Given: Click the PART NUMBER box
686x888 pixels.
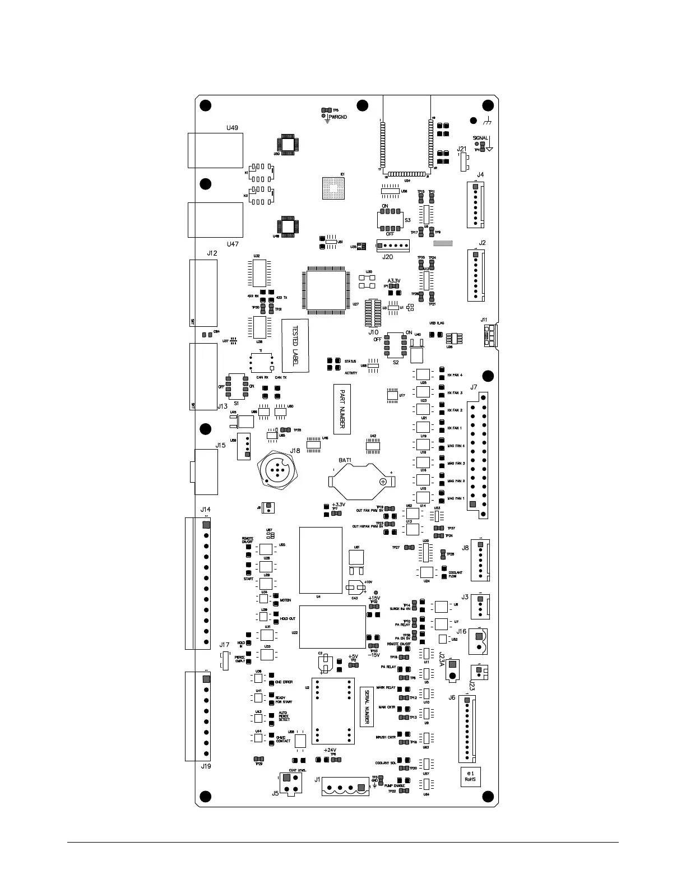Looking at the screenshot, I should point(342,409).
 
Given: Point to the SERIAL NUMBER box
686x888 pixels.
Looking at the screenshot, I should point(367,706).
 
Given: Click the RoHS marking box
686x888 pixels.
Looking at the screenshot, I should point(470,776).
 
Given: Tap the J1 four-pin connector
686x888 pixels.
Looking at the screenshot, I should point(346,788).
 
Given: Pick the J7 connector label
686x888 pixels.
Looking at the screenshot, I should point(474,387).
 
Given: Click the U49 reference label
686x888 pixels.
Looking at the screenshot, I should point(231,128).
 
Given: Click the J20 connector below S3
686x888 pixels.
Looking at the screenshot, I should point(392,246).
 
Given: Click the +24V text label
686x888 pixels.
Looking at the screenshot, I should point(330,750).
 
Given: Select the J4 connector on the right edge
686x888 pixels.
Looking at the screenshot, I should point(475,205).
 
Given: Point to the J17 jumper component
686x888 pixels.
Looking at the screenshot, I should point(225,660).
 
